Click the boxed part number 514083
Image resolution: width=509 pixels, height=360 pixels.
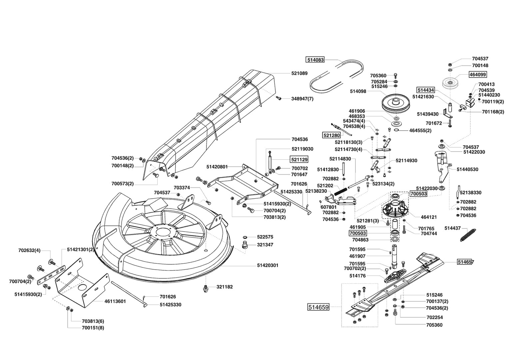315,60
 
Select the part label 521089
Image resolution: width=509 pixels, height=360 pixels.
299,73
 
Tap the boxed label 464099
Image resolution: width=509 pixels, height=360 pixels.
478,74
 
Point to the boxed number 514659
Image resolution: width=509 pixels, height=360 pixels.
318,307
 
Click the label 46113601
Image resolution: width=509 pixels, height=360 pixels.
115,301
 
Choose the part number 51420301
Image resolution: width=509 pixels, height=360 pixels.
268,265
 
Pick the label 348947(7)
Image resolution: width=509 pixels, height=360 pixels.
302,99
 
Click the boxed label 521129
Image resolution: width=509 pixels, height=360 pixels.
299,159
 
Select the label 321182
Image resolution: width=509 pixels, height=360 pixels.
225,287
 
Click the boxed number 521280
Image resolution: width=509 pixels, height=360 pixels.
331,135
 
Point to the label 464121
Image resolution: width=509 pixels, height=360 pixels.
429,217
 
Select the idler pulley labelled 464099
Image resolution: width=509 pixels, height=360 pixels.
450,84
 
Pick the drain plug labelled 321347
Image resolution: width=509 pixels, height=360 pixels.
245,246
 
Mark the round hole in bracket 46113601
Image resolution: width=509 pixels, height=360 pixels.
81,287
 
